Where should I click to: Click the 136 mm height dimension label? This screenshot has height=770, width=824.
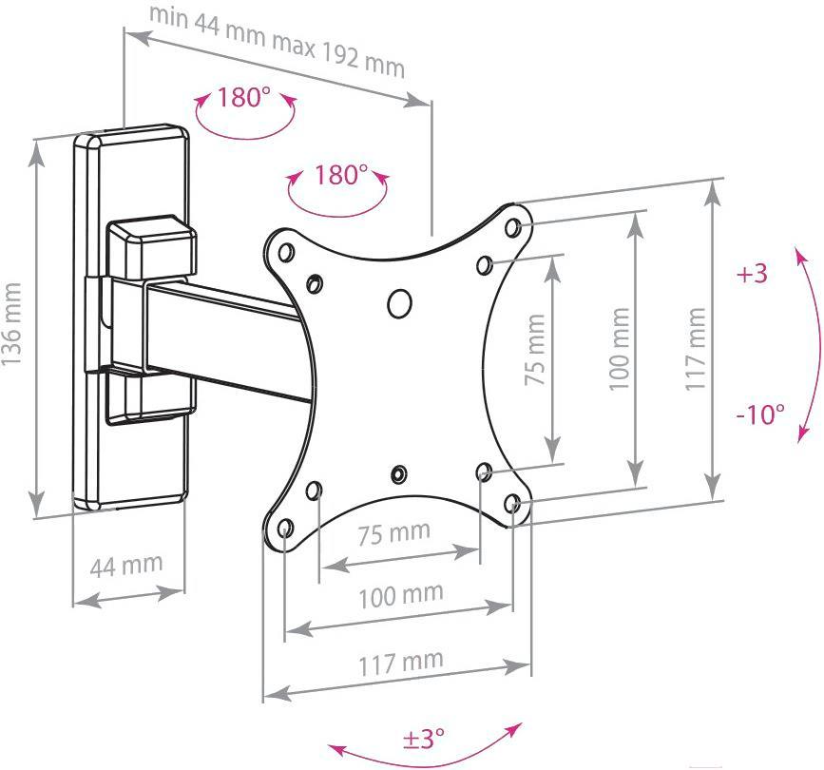point(11,324)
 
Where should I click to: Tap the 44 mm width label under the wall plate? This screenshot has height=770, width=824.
point(126,565)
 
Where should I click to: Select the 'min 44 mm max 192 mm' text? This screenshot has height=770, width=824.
point(278,42)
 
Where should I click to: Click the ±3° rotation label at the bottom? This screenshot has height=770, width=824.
point(424,738)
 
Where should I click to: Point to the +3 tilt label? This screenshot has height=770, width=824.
point(752,274)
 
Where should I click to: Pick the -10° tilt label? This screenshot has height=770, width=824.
point(760,414)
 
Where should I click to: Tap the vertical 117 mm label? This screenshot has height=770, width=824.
point(695,349)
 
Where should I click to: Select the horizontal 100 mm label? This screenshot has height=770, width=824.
point(401,596)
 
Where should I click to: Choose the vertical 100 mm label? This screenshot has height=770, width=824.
point(619,349)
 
